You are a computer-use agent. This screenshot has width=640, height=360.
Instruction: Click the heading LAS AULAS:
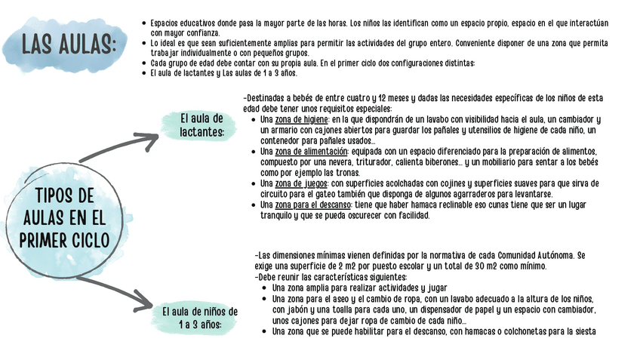(x=68, y=43)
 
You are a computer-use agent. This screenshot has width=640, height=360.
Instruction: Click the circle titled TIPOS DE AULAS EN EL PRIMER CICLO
(x=64, y=217)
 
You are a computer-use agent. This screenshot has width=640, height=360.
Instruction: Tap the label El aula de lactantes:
(x=202, y=125)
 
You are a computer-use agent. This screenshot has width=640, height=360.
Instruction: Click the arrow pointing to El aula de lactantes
(x=121, y=143)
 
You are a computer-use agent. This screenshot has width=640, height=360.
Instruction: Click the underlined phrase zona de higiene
(x=301, y=119)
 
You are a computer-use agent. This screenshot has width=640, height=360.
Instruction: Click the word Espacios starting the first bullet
(x=167, y=23)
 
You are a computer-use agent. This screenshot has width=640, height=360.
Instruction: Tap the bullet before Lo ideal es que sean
(x=144, y=44)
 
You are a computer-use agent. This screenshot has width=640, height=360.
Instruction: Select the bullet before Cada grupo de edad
(x=144, y=63)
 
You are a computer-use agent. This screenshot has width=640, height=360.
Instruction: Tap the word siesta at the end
(x=584, y=331)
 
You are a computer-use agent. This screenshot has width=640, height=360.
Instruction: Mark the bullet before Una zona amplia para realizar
(x=263, y=288)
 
